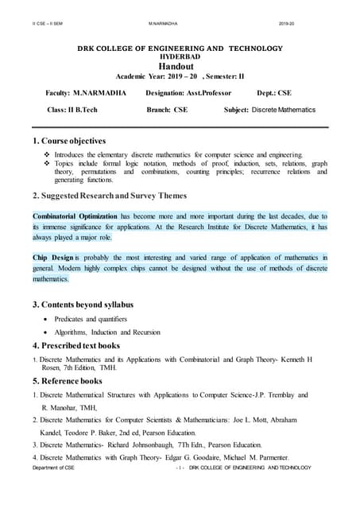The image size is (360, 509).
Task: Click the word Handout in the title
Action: (180, 68)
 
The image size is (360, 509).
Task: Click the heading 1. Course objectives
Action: (69, 141)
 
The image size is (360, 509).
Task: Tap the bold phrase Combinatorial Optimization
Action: (75, 216)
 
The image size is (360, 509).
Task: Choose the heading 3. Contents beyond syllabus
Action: (83, 305)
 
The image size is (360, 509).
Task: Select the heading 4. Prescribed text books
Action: (76, 346)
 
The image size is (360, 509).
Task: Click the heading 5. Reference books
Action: (70, 381)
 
